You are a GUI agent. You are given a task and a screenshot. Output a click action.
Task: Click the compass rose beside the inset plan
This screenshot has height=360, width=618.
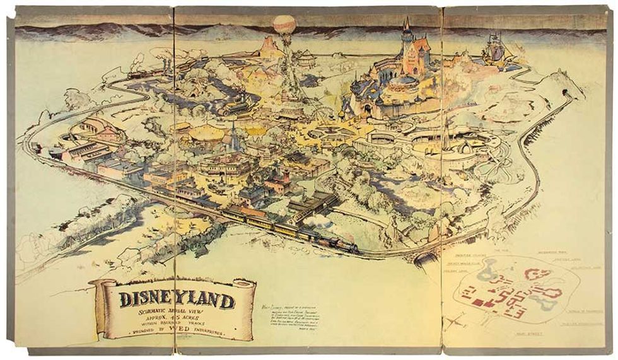[463, 322]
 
